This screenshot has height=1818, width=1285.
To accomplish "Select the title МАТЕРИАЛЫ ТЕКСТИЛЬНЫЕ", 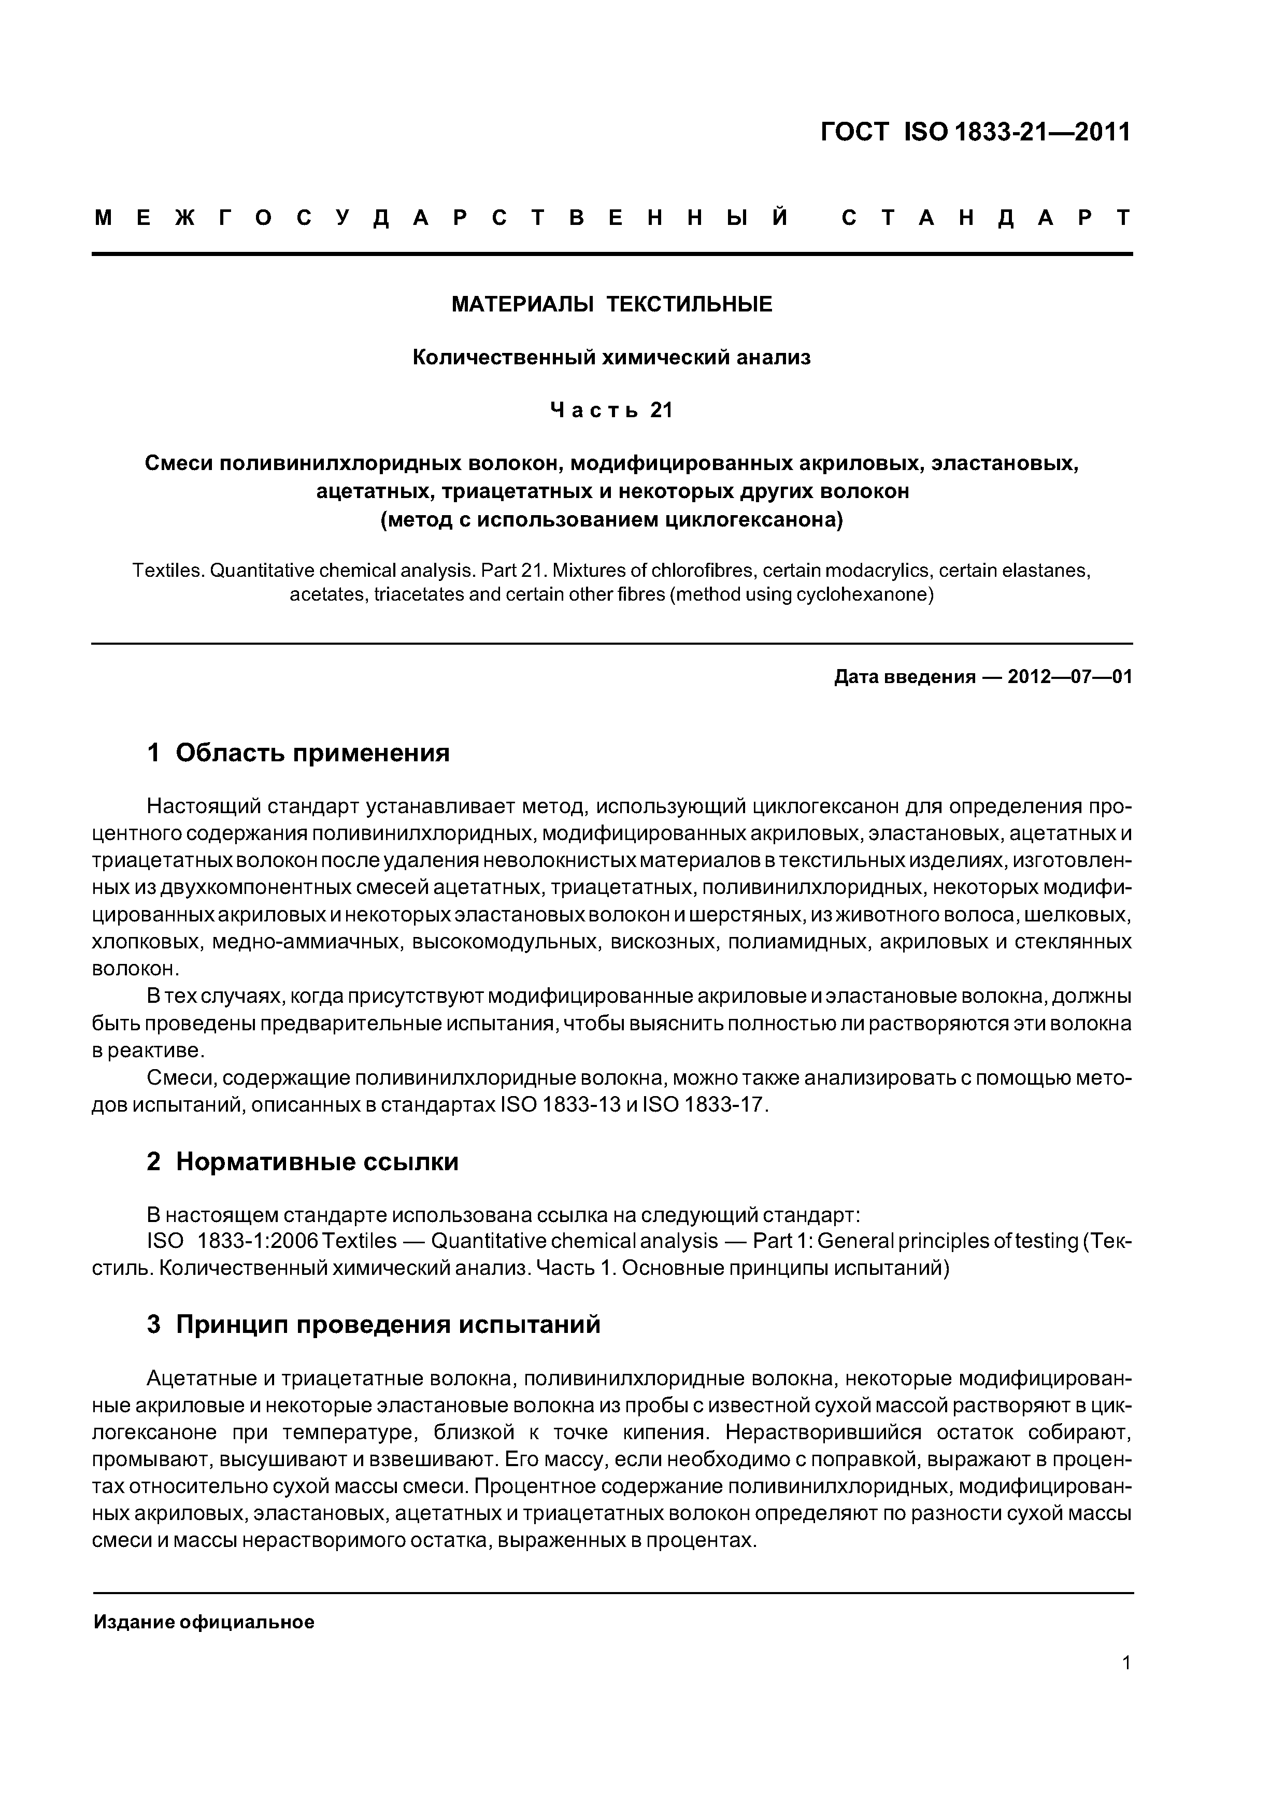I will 611,305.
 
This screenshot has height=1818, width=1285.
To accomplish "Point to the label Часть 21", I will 611,410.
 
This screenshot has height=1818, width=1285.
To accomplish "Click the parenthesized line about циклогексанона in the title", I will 611,520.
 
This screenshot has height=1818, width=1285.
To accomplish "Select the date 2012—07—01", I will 1069,677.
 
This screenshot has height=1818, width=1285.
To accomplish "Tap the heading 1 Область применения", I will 298,752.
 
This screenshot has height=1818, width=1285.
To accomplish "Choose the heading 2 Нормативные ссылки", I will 303,1161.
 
